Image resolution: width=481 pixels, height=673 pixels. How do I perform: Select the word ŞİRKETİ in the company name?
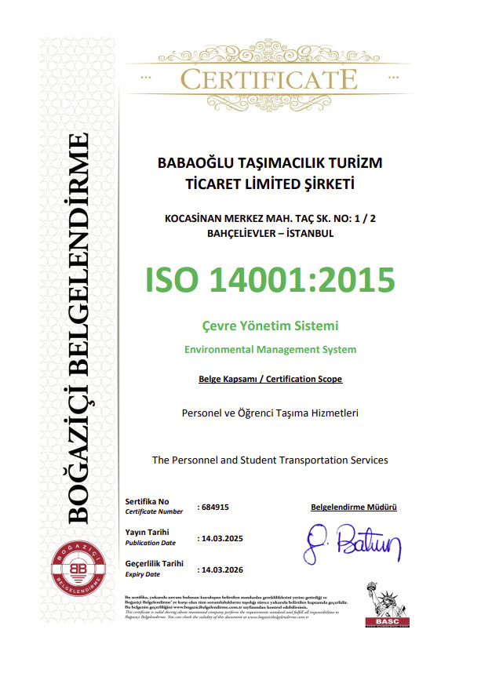click(x=330, y=185)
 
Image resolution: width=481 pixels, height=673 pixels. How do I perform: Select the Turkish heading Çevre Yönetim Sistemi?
click(x=270, y=325)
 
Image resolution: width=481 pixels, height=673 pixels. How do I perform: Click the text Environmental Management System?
click(x=270, y=349)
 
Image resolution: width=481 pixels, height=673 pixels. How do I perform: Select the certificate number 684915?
click(x=214, y=507)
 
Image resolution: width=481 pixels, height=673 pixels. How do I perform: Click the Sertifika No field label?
click(x=148, y=500)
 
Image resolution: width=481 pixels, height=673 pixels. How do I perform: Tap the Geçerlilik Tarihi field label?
click(x=155, y=563)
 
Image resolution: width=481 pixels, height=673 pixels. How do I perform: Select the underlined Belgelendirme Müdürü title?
click(x=354, y=507)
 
